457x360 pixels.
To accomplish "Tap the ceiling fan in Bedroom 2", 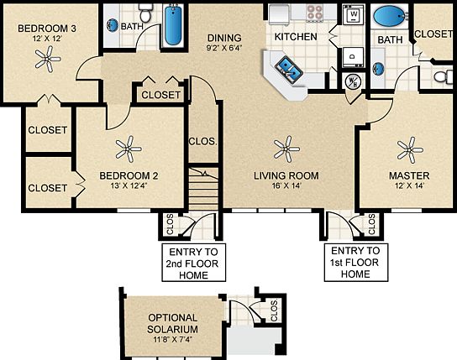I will coord(128,151).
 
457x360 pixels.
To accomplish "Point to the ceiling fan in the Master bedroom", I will coord(409,151).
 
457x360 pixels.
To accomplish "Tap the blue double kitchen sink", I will coord(286,69).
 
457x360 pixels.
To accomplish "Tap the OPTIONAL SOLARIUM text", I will coord(172,323).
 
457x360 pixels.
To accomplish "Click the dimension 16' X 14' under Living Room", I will coord(286,187).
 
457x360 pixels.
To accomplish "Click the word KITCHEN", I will coord(296,37).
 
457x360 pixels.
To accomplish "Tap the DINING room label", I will coord(224,38).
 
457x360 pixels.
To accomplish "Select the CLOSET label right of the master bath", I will coord(434,34).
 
